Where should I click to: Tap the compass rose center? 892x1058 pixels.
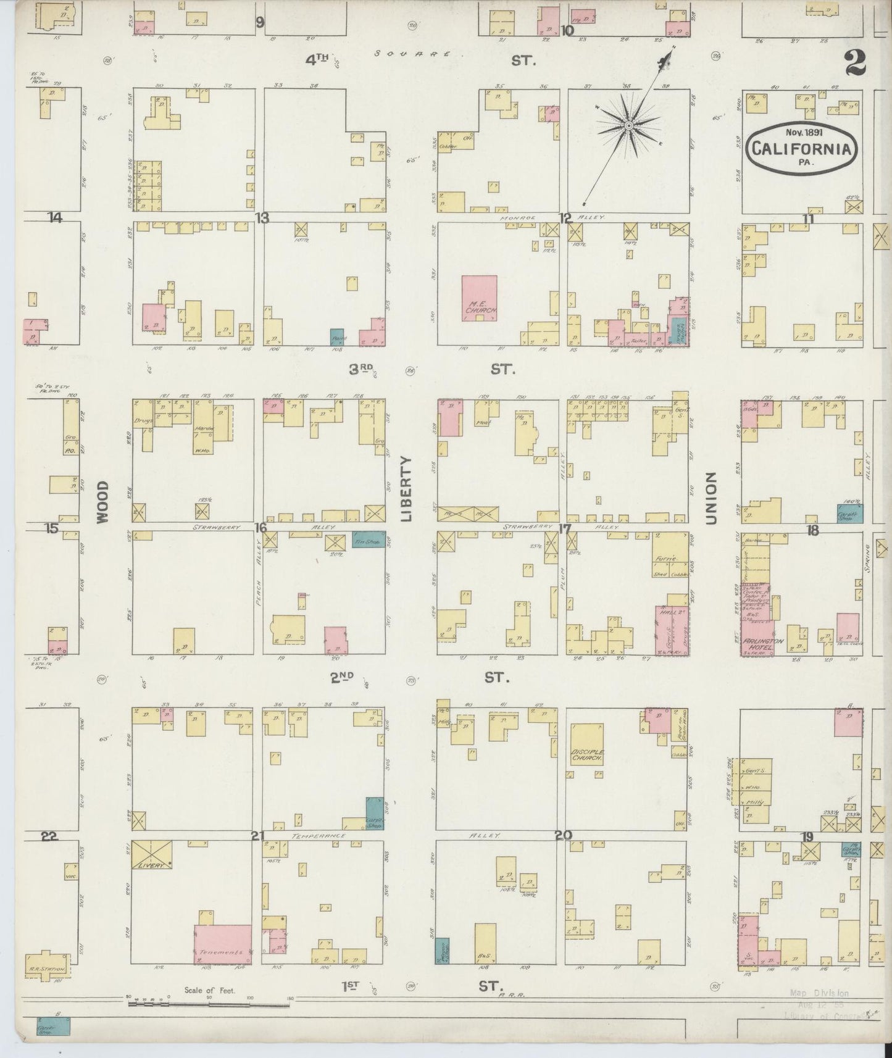click(x=628, y=126)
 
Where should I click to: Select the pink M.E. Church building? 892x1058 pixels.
click(x=480, y=298)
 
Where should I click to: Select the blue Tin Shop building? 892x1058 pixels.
click(x=369, y=539)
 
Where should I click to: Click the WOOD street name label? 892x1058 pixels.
click(x=102, y=502)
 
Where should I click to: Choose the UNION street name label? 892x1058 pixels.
click(x=711, y=499)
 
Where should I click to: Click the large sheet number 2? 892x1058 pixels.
click(x=855, y=62)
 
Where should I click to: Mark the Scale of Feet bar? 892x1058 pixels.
click(x=209, y=1004)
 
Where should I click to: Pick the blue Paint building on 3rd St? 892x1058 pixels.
click(x=337, y=336)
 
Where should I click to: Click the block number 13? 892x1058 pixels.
click(x=263, y=217)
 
